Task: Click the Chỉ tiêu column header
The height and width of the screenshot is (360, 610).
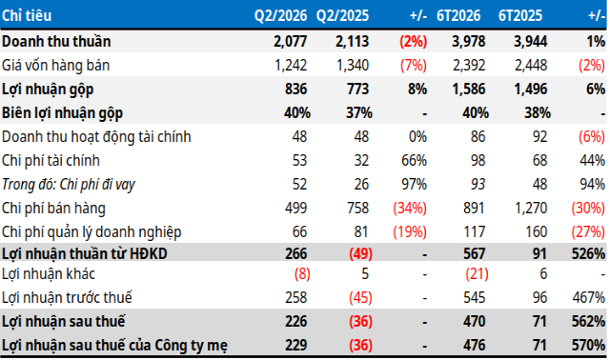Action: (27, 15)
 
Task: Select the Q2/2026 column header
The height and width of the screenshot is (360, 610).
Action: (280, 15)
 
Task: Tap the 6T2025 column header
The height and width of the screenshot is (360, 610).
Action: (520, 15)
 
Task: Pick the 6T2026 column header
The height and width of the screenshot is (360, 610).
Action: (458, 15)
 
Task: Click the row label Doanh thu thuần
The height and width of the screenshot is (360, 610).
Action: (56, 41)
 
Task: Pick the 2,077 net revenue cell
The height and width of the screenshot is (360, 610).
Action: (290, 41)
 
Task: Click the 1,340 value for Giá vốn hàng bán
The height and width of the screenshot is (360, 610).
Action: (353, 65)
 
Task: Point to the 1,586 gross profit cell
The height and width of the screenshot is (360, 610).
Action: (469, 89)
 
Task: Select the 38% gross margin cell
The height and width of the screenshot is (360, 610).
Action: (538, 112)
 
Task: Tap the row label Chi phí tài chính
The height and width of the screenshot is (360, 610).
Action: (51, 161)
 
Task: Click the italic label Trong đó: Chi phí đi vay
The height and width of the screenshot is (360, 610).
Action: (69, 184)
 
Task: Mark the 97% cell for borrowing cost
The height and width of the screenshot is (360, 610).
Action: (414, 184)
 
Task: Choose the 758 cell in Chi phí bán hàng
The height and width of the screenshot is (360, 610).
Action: (358, 208)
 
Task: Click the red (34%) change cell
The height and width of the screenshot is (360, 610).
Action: (410, 209)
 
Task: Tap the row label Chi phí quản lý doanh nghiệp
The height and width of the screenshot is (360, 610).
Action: (91, 232)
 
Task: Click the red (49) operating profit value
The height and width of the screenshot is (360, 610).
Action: (360, 253)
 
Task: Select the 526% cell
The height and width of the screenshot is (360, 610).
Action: (588, 253)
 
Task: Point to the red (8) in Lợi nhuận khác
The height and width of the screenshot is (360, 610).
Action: (302, 273)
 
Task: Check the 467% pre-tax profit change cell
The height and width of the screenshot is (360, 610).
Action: (589, 297)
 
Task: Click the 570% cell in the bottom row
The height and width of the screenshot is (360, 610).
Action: (588, 345)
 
